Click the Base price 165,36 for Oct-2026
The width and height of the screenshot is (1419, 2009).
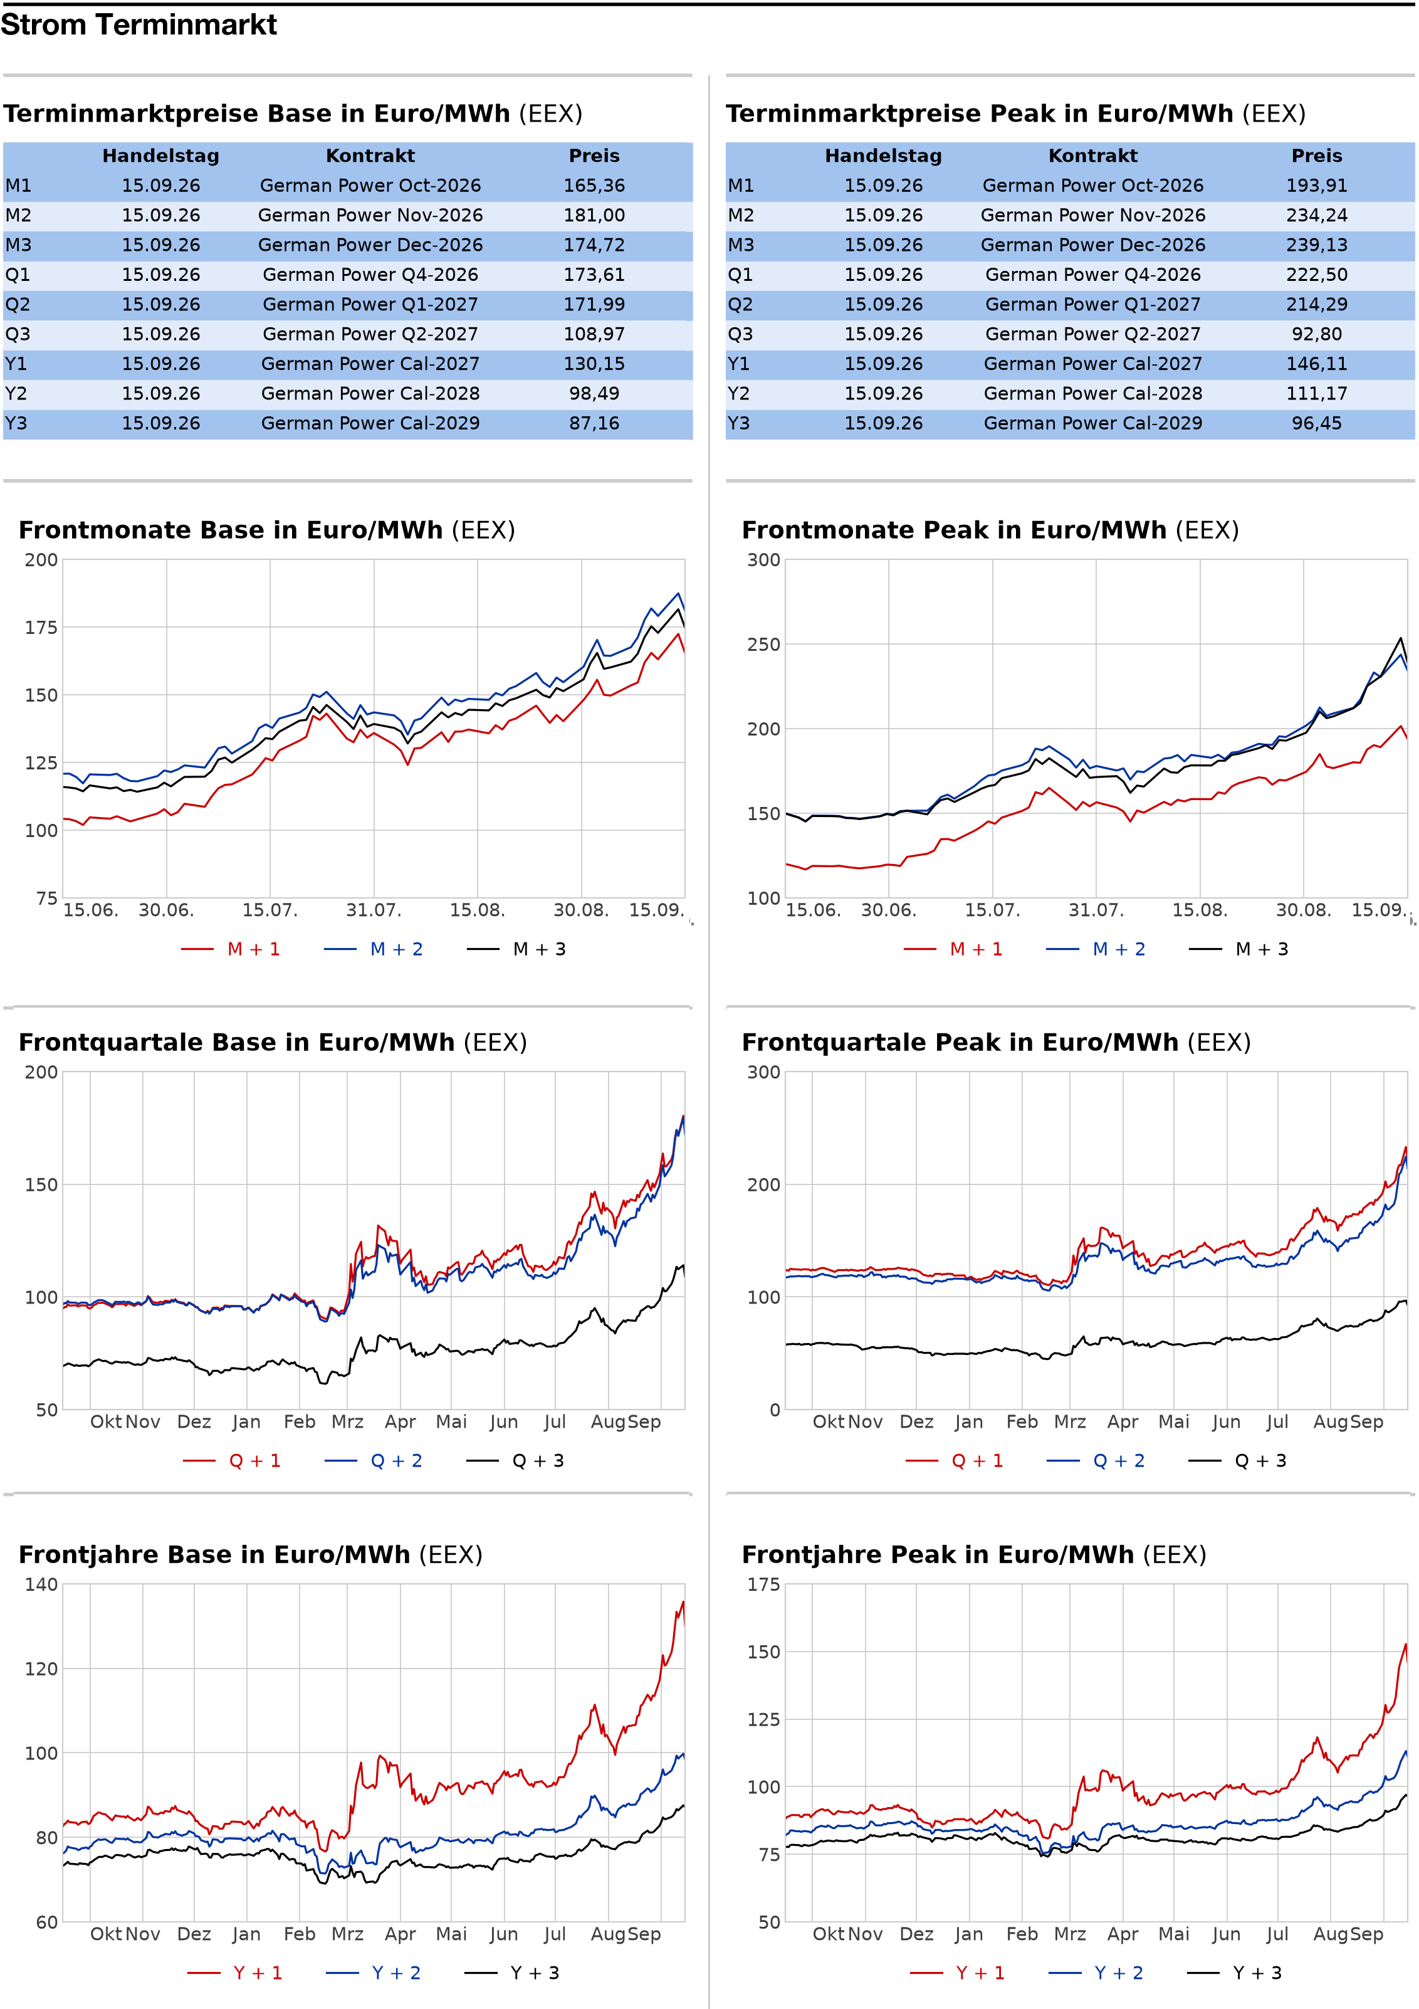594,186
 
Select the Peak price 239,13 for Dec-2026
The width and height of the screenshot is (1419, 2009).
1317,245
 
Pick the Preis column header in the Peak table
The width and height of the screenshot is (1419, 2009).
1317,156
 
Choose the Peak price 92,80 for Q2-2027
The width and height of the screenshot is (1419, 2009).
1317,334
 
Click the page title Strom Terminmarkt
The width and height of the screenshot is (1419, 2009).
139,24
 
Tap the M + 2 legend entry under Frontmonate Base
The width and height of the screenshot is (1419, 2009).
374,949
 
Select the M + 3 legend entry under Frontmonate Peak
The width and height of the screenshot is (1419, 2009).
1238,949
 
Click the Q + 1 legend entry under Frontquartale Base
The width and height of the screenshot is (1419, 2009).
232,1460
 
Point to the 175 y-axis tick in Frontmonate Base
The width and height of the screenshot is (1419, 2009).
41,628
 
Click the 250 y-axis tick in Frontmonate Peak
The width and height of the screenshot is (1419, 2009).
764,644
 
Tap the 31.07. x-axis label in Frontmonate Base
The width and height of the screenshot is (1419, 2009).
374,910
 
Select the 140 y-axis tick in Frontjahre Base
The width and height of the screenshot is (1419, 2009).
41,1584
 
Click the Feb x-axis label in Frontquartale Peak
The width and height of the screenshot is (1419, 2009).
1022,1422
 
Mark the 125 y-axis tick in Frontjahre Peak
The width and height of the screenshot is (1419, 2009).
764,1719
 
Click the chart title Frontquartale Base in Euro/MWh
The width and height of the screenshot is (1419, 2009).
236,1042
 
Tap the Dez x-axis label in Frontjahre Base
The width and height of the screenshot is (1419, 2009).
194,1934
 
